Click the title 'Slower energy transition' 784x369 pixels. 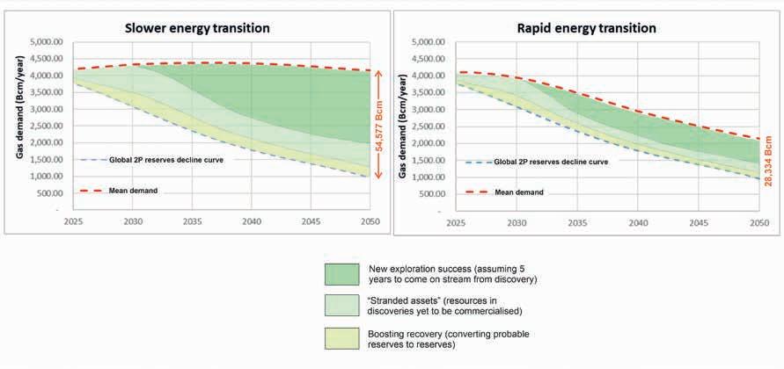coord(195,27)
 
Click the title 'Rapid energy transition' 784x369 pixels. coord(586,27)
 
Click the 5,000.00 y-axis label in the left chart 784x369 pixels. coord(48,42)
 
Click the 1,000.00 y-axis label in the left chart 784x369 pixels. coord(48,177)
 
